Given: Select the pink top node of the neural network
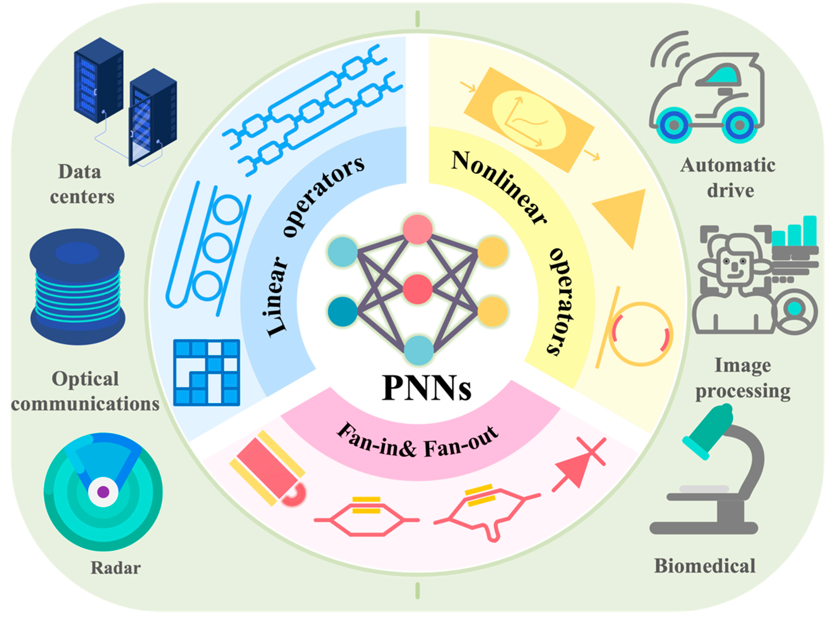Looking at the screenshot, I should tap(417, 229).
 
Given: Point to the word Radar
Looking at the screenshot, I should tap(116, 568).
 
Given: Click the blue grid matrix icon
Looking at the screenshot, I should tap(206, 373).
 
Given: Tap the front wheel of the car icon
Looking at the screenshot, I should tap(673, 125).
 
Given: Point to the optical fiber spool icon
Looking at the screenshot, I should tap(77, 287).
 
